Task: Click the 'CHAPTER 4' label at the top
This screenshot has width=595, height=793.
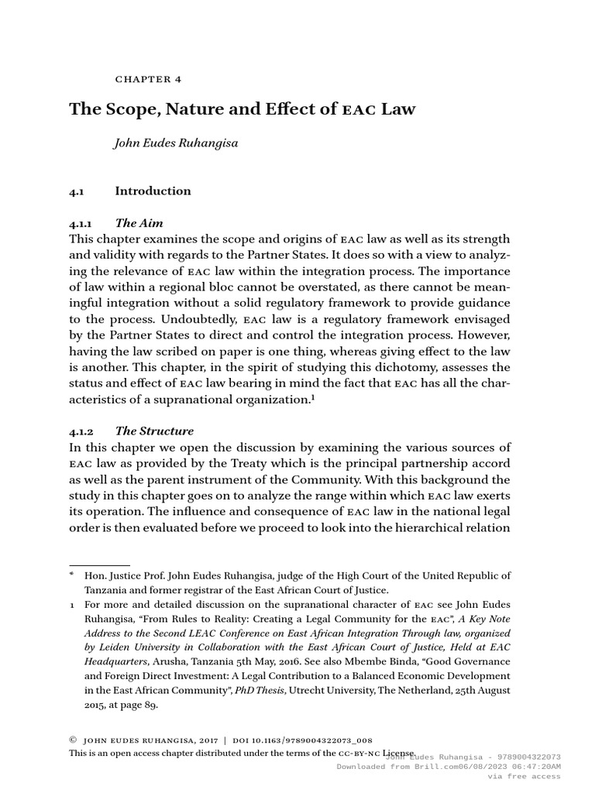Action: click(x=148, y=79)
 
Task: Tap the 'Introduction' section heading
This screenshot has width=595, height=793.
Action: click(x=153, y=191)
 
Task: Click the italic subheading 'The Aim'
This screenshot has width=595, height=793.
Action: click(x=139, y=223)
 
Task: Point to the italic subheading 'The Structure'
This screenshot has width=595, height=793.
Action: click(x=154, y=431)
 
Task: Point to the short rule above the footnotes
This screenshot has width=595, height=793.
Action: click(x=99, y=565)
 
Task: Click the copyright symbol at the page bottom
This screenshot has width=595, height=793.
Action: click(x=73, y=740)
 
